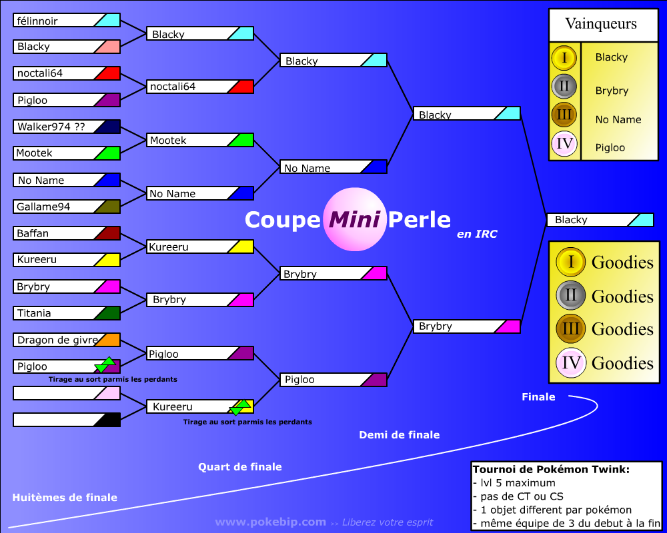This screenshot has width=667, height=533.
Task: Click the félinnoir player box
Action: [x=67, y=20]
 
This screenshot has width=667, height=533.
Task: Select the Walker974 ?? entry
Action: [x=67, y=127]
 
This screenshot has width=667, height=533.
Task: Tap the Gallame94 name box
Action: [x=67, y=207]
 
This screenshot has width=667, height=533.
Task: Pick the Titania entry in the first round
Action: [x=67, y=313]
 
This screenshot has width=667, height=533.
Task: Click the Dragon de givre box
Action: [x=67, y=340]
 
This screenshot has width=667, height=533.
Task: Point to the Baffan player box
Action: [x=67, y=233]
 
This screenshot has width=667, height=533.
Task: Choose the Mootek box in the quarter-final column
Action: [x=200, y=140]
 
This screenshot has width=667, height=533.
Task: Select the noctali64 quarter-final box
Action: [x=200, y=87]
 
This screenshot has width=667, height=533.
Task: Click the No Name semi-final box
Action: [x=333, y=167]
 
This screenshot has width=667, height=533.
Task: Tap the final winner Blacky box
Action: [x=600, y=220]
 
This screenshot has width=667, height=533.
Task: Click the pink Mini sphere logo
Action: [x=355, y=219]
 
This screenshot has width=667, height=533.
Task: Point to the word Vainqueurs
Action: [x=601, y=24]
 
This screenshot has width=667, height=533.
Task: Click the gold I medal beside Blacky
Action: [x=564, y=57]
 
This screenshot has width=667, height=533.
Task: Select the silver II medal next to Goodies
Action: [x=571, y=295]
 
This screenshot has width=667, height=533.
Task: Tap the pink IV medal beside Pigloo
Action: [x=564, y=144]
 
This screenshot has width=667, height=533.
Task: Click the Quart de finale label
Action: [x=240, y=466]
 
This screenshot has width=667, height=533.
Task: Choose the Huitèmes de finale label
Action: [x=65, y=497]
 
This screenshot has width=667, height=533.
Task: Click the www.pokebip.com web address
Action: [x=271, y=522]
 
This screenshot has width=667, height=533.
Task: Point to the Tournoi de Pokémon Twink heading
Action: [x=551, y=469]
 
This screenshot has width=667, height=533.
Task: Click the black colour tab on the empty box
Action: [x=107, y=420]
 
